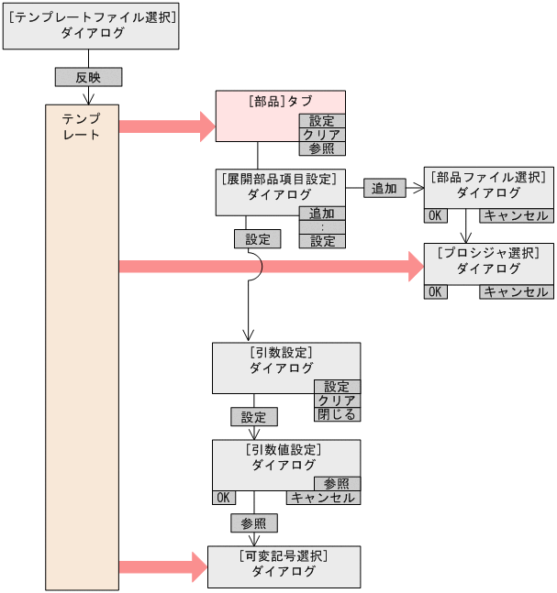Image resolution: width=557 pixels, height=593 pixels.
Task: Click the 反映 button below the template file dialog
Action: click(x=88, y=77)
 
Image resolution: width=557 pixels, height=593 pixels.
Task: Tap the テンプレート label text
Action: click(x=81, y=127)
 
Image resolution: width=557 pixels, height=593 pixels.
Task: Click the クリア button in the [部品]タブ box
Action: click(x=321, y=135)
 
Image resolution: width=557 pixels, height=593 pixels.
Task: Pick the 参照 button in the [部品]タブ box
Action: click(x=321, y=148)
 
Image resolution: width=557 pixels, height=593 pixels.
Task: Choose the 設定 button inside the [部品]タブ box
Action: click(x=321, y=121)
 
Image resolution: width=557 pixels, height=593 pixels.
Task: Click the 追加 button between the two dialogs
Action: click(x=384, y=188)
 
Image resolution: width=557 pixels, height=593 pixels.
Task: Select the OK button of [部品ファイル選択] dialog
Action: click(x=435, y=216)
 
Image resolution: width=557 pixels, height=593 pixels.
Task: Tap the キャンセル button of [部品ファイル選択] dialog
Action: click(x=516, y=216)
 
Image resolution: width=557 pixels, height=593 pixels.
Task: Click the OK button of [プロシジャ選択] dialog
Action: click(x=435, y=291)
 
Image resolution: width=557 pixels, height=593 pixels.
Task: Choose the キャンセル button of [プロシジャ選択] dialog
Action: click(x=516, y=291)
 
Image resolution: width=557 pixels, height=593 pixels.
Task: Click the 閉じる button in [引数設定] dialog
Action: click(x=337, y=414)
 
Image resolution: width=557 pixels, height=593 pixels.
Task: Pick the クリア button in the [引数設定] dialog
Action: click(x=337, y=401)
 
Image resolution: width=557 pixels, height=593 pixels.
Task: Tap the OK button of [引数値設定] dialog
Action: click(x=223, y=498)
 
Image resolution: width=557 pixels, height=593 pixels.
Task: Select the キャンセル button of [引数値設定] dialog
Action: click(x=323, y=498)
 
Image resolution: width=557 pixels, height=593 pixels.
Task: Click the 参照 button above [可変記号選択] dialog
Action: click(x=253, y=523)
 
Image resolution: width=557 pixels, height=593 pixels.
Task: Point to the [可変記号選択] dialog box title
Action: click(x=284, y=556)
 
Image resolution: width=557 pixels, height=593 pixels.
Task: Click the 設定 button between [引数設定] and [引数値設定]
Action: click(x=253, y=417)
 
